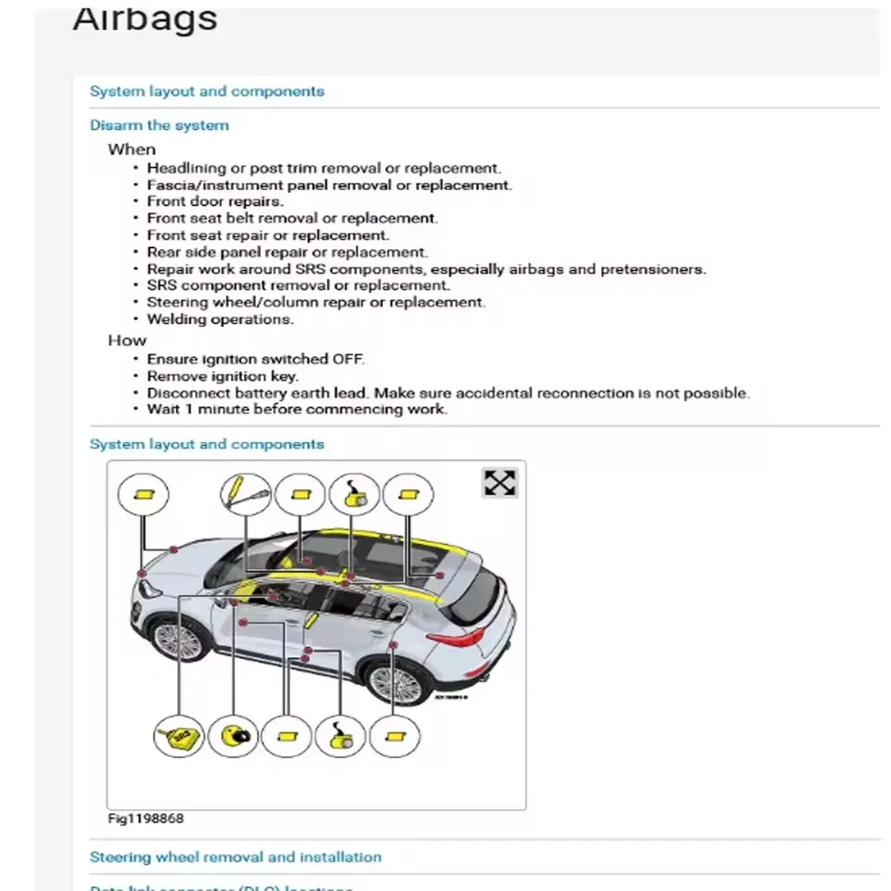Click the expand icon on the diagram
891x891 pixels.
click(499, 483)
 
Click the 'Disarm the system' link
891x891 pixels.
click(159, 125)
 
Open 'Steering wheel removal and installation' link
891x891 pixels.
click(235, 857)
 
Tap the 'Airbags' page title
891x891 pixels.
click(145, 19)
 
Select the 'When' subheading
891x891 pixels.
click(132, 149)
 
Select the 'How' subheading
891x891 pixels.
click(127, 341)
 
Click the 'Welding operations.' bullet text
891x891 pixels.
click(220, 319)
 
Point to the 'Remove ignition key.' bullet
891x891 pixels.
click(223, 376)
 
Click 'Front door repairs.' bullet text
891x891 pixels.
click(215, 201)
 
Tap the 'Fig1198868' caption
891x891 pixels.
click(145, 819)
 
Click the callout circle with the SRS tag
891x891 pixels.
click(179, 737)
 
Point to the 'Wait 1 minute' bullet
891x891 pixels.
click(297, 409)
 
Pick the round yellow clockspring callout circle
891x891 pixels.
click(233, 737)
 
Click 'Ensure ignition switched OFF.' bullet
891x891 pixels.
click(255, 359)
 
